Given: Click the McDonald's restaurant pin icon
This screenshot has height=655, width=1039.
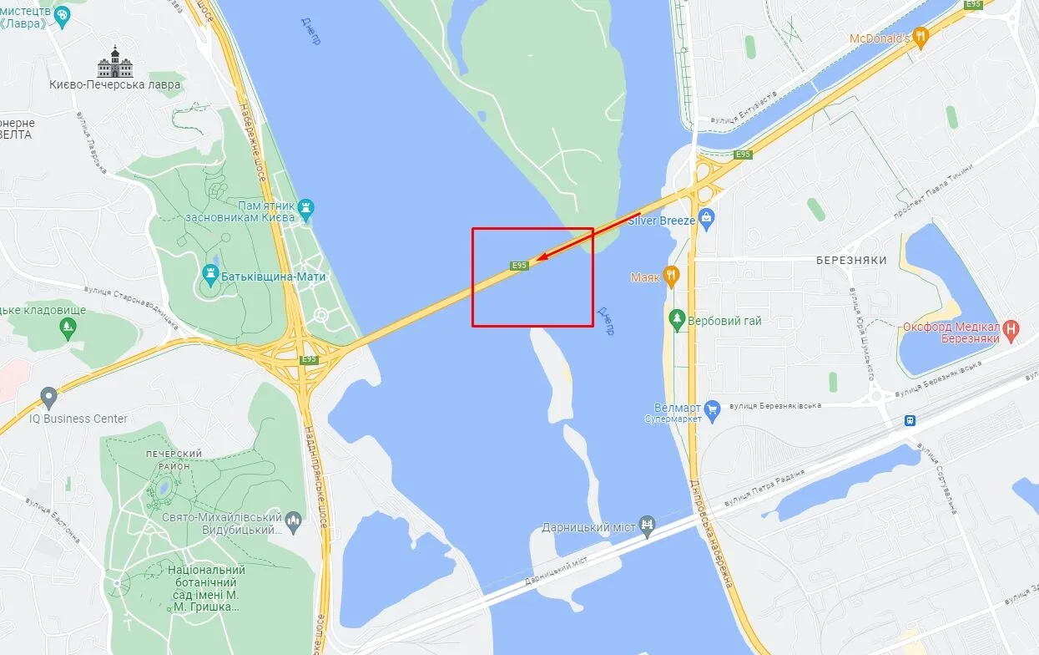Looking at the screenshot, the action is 920,37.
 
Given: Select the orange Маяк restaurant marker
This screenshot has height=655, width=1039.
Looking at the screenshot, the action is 671,277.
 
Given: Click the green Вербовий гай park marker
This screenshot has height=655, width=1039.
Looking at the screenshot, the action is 677,320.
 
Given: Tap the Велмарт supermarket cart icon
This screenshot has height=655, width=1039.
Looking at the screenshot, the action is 712,408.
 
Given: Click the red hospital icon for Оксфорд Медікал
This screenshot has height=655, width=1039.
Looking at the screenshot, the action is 1012,331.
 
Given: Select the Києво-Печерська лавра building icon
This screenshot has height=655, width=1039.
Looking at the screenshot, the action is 115,63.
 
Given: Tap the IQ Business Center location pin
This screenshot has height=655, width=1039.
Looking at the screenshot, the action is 48,398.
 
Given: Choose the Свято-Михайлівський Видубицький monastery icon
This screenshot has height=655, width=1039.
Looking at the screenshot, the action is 293,523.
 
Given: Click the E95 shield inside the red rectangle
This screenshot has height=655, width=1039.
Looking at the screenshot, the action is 519,265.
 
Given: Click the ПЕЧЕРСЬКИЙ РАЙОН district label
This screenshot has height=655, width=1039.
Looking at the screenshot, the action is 174,459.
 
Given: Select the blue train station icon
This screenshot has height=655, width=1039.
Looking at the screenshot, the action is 910,420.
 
